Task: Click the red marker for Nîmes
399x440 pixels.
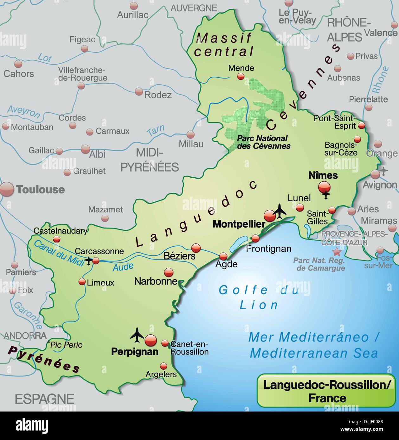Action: [324, 187]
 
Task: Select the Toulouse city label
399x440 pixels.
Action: [40, 190]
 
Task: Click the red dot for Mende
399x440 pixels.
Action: [241, 76]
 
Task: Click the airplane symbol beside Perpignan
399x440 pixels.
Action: [137, 335]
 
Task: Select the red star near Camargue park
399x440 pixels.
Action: [337, 252]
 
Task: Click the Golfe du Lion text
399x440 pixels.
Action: [259, 297]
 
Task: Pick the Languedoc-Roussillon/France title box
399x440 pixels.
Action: [326, 390]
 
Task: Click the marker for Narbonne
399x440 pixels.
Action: [169, 272]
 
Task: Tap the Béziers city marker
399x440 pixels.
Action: [196, 248]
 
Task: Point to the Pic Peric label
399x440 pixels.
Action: [66, 345]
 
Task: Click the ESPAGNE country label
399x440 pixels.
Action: [44, 399]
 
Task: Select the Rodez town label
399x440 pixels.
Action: [158, 95]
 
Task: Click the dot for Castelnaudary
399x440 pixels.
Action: [56, 239]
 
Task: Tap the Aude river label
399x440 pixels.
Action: [123, 267]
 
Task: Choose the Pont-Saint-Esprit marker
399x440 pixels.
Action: [362, 126]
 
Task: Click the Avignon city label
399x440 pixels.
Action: [380, 185]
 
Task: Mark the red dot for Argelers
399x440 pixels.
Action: [164, 366]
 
